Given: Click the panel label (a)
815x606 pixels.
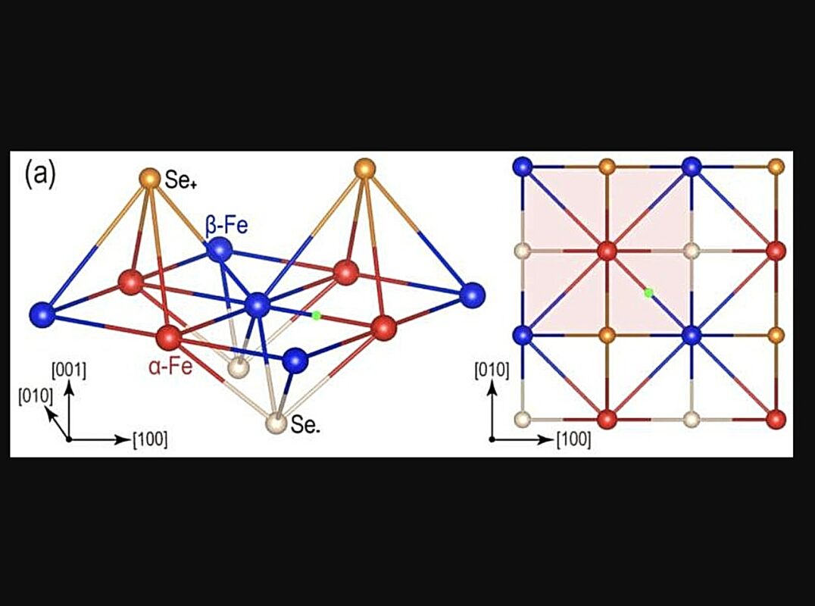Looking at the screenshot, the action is coord(39,176).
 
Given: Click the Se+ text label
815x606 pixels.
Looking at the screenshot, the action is coord(180,180).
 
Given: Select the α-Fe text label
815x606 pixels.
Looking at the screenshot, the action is coord(170,367).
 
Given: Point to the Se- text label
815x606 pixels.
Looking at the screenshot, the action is coord(306,425).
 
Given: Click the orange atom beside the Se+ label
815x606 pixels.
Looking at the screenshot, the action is coord(150,178).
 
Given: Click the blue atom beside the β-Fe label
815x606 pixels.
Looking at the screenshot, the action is coord(220,249).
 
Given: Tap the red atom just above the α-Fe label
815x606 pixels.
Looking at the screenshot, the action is coord(168,338).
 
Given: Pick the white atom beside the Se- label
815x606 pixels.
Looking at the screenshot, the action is coord(276,423).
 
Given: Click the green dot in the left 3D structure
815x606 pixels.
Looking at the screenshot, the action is coord(316,315).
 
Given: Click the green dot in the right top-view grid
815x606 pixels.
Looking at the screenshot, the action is coord(648,292).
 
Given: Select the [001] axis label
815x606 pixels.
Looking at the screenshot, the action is coord(69,370).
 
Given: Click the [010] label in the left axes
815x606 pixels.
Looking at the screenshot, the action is coord(36,396).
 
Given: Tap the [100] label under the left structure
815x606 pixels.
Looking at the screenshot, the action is coord(150,439).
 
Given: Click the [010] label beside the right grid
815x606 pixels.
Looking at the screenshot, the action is coord(492,370).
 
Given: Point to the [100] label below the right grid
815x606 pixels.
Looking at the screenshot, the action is coord(574,439).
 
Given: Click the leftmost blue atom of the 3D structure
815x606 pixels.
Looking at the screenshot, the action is coord(42,314).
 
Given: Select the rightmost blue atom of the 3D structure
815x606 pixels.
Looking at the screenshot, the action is coord(473,295).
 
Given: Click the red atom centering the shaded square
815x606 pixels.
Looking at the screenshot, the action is coord(607,251).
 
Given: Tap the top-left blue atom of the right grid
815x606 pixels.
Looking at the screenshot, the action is coord(523,167).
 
